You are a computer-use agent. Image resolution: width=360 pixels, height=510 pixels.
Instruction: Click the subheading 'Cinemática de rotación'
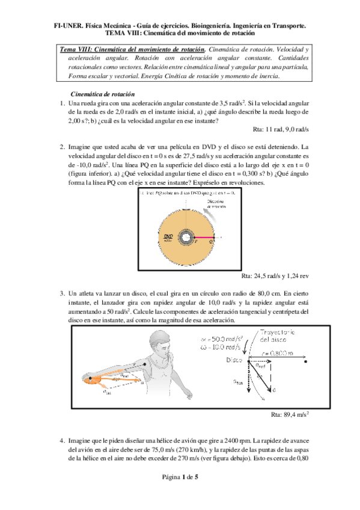coord(103,94)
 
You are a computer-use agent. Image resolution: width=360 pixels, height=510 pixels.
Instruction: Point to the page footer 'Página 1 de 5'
coord(180,493)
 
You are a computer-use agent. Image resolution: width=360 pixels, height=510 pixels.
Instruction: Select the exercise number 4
coord(62,441)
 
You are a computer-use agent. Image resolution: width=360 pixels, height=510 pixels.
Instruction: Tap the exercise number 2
coord(62,147)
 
